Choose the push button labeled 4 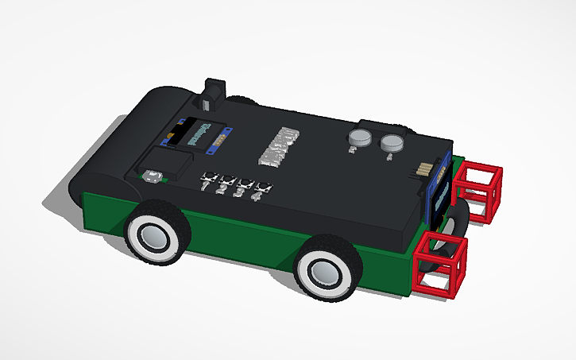pyautogui.click(x=261, y=189)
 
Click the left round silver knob pyautogui.click(x=359, y=139)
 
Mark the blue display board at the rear pyautogui.click(x=442, y=191)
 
